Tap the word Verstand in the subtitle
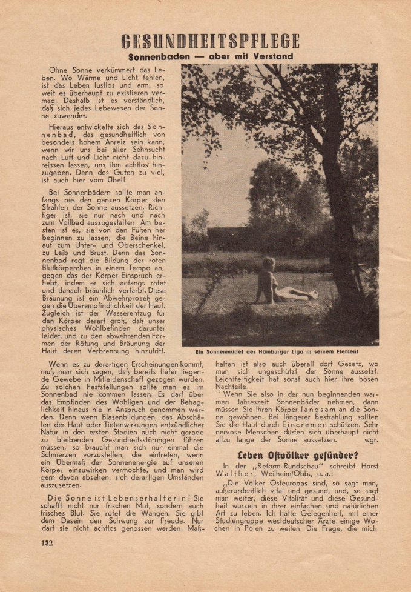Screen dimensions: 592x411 point(272,56)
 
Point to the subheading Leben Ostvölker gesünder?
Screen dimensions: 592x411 point(280,451)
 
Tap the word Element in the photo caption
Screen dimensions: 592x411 point(343,351)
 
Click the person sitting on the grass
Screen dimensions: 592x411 point(272,282)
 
